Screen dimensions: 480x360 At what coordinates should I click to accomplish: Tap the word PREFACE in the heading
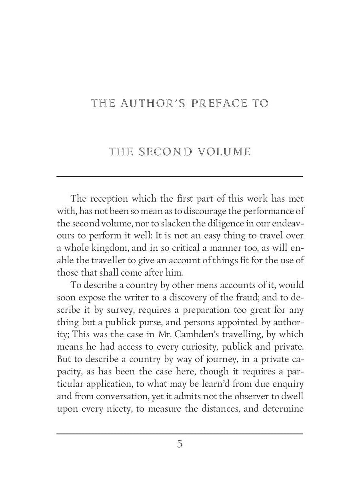click(x=214, y=104)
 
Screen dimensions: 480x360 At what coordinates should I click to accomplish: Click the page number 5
click(x=180, y=444)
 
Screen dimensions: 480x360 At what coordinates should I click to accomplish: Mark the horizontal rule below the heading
click(x=180, y=176)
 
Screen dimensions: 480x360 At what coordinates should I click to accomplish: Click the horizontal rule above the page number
click(x=180, y=434)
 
